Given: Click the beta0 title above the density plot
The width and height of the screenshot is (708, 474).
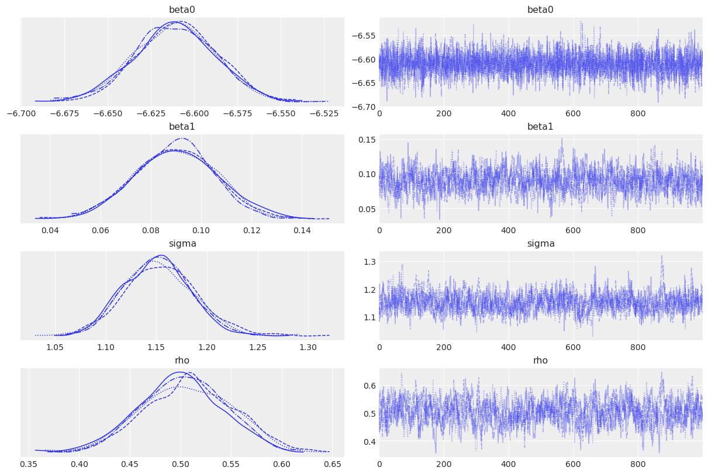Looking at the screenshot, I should pyautogui.click(x=182, y=10).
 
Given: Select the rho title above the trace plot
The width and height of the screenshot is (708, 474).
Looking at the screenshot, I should pyautogui.click(x=540, y=361).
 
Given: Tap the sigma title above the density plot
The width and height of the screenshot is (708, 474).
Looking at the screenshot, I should pyautogui.click(x=182, y=244).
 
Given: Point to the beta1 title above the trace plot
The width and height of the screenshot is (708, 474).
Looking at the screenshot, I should pyautogui.click(x=540, y=127).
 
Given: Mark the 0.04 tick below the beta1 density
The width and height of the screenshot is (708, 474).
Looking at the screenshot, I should pyautogui.click(x=50, y=230).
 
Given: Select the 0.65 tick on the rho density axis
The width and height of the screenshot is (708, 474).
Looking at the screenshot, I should pyautogui.click(x=332, y=463).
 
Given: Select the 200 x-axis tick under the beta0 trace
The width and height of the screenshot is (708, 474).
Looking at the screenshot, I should pyautogui.click(x=444, y=113).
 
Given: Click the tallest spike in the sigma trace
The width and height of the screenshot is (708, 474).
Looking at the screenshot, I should pyautogui.click(x=662, y=256).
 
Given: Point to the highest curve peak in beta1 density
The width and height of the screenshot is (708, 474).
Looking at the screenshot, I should pyautogui.click(x=182, y=139).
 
